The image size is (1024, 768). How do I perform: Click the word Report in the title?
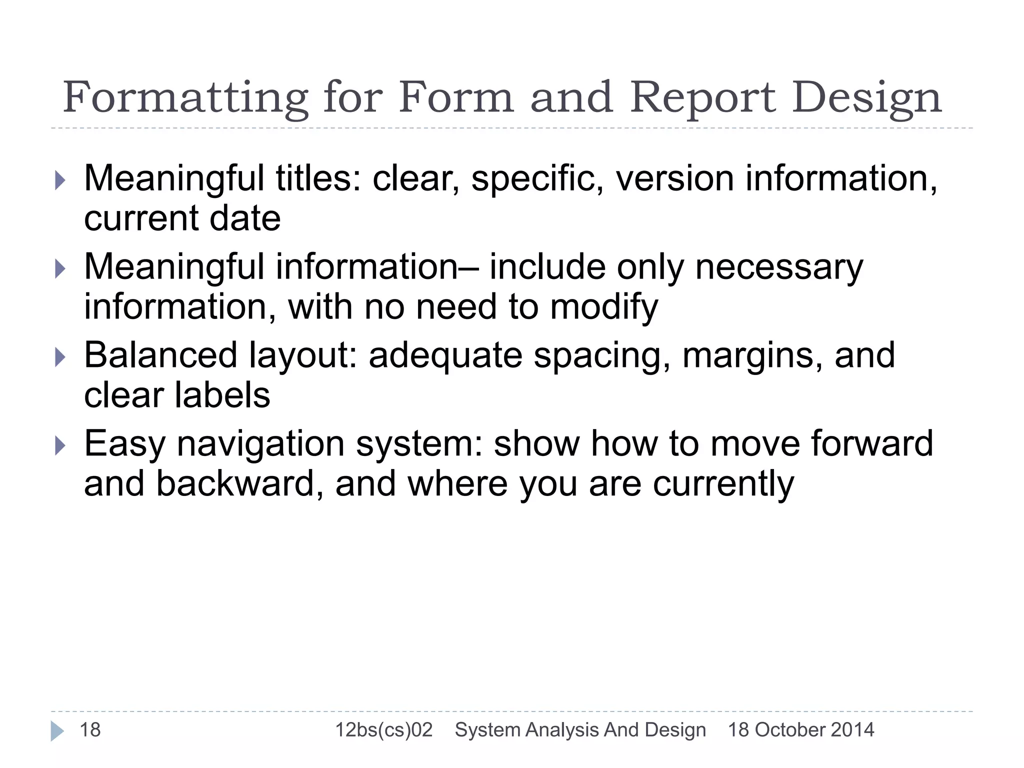point(703,98)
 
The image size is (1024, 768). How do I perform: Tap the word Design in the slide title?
point(867,98)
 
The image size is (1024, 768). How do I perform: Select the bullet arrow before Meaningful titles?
point(59,179)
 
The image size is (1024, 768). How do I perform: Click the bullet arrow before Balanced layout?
point(59,357)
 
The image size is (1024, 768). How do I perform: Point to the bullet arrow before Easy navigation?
point(59,445)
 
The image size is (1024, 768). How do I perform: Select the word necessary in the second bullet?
point(779,267)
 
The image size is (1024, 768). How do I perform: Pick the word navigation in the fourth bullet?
point(260,444)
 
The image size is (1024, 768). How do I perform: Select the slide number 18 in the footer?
point(90,730)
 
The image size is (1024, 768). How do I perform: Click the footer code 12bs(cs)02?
point(383,730)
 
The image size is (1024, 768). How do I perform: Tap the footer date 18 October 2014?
point(800,730)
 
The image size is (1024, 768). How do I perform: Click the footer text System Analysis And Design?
point(580,730)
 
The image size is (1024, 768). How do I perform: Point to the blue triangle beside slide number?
point(57,731)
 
